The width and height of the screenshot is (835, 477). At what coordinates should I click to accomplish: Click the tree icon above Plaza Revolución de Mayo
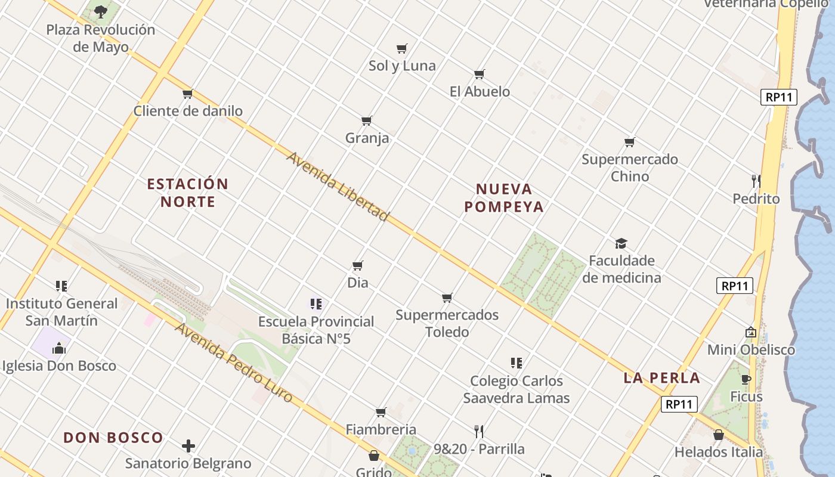pos(101,10)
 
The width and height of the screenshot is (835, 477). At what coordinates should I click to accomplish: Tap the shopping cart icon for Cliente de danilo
pos(188,94)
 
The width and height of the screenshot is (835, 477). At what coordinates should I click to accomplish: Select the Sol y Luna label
pos(402,66)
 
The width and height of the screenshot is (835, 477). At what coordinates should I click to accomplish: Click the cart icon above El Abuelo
pos(480,75)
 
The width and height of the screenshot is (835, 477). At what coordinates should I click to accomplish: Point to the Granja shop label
pos(367,138)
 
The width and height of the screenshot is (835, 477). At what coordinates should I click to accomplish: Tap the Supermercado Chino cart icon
pos(630,142)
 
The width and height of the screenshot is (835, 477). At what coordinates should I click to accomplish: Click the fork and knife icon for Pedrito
pos(756,181)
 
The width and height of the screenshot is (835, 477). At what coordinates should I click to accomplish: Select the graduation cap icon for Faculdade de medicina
pos(621,243)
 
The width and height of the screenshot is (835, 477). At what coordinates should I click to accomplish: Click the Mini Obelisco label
pos(751,350)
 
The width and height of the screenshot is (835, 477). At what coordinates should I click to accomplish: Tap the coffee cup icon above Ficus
pos(746,379)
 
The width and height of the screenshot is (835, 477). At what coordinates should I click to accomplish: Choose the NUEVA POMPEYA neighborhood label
pos(504,198)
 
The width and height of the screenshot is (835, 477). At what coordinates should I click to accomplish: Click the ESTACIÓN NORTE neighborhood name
pos(188,193)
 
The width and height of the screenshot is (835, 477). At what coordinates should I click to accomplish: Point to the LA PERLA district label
pos(661,378)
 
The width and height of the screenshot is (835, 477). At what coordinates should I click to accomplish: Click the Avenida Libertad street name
pos(338,186)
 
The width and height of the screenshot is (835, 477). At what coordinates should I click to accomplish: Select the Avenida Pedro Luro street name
pos(234,362)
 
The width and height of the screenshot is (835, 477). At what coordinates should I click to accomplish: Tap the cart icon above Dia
pos(358,265)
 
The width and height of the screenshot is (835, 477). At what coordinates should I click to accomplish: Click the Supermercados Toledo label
pos(447,323)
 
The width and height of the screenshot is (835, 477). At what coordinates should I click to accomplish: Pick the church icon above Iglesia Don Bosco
pos(59,348)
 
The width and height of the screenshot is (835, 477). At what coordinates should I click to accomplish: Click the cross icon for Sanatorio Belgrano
pos(188,446)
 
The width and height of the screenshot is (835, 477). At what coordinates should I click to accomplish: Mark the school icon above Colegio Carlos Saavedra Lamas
pos(517,363)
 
